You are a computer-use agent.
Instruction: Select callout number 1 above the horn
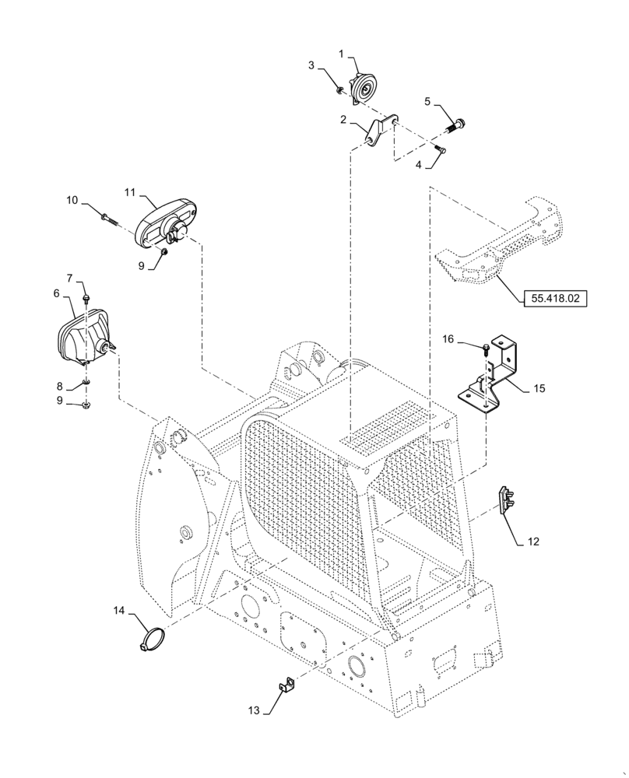coord(341,52)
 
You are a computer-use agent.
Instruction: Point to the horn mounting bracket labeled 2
coord(377,129)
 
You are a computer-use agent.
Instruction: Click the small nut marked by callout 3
coord(340,91)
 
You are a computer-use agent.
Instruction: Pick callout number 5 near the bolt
coord(427,100)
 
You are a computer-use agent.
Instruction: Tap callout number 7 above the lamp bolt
coord(69,277)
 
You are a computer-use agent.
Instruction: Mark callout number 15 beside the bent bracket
coord(540,387)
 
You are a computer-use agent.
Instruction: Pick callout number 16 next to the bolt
coord(449,339)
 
